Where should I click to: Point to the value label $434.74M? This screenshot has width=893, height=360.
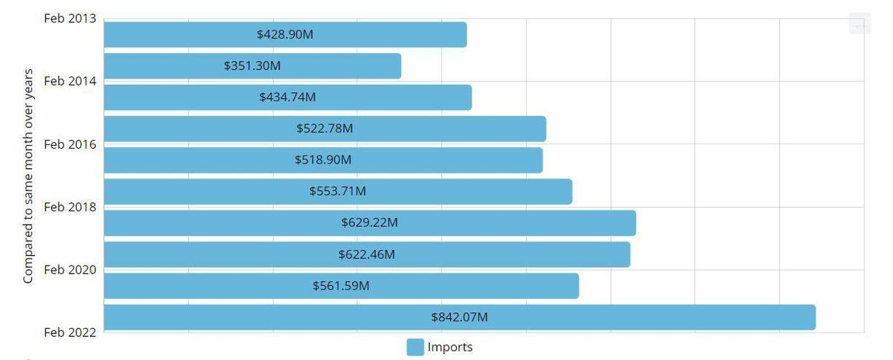(x=287, y=97)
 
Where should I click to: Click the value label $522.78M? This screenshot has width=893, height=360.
(x=324, y=129)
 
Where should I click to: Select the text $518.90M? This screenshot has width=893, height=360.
(x=323, y=160)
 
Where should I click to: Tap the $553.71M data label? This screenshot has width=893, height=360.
(x=338, y=191)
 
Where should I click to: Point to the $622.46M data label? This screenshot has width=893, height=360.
(x=366, y=254)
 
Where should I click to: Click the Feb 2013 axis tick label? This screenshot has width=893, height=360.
(x=70, y=18)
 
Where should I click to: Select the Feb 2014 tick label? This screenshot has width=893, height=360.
(x=70, y=80)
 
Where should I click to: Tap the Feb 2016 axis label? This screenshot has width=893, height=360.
(x=70, y=144)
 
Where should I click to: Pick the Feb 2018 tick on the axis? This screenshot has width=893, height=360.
(x=70, y=207)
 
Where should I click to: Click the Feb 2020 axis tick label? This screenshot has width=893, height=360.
(x=70, y=269)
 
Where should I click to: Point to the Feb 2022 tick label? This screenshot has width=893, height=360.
(x=70, y=332)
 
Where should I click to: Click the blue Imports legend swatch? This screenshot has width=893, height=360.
(x=415, y=347)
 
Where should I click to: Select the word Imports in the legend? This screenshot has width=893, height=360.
(x=449, y=347)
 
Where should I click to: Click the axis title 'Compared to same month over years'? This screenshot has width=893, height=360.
(x=28, y=176)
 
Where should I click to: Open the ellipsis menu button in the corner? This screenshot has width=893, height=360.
(x=860, y=25)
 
